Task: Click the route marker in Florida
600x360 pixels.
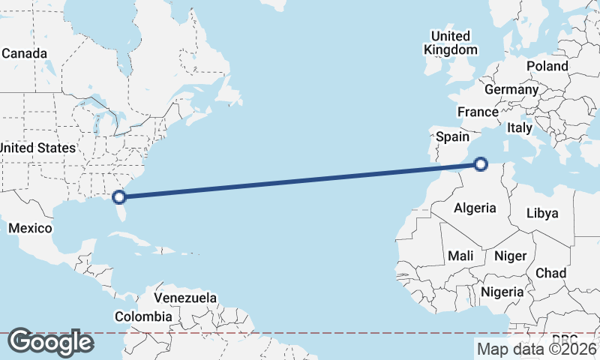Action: [118, 197]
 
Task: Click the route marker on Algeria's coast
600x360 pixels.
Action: [481, 163]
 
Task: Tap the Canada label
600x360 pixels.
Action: [24, 54]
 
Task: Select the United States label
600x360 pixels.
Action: [37, 148]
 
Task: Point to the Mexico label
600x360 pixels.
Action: [30, 228]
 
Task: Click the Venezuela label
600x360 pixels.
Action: [185, 298]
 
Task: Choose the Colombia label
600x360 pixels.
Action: [142, 316]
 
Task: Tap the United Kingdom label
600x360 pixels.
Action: [450, 43]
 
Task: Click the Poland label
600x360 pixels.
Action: [547, 66]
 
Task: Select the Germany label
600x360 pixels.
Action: [511, 89]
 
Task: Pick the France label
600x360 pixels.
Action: [478, 112]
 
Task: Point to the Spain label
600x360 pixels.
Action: [452, 136]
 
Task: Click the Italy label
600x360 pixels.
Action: [520, 128]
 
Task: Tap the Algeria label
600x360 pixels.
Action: [475, 208]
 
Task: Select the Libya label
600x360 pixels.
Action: [542, 213]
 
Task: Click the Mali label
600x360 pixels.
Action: [460, 256]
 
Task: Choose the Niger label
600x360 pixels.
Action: [510, 256]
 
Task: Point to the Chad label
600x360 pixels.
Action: [550, 273]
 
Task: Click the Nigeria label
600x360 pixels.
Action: [501, 291]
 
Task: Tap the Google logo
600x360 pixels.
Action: [50, 342]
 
